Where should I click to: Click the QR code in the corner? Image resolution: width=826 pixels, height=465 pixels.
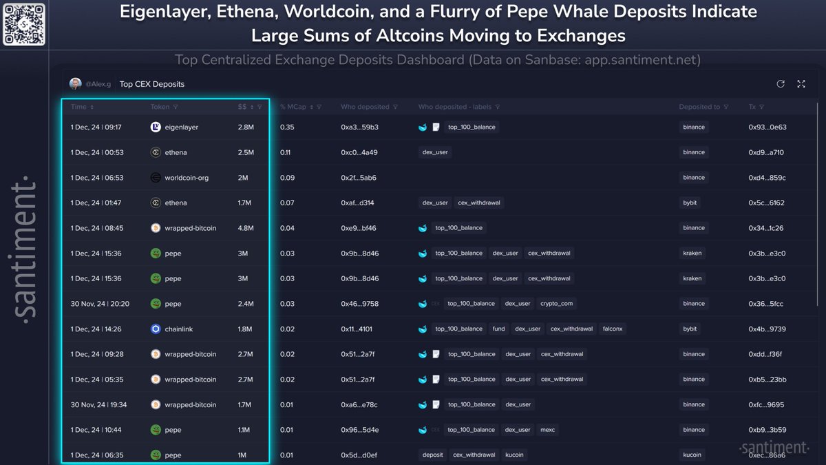pos(23,23)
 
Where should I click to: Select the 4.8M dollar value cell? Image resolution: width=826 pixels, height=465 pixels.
pos(246,228)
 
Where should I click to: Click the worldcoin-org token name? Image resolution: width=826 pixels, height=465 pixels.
pos(187,178)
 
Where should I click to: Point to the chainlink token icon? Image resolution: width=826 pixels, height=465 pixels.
pos(156,329)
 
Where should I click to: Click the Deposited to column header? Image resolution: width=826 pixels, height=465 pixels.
pos(699,107)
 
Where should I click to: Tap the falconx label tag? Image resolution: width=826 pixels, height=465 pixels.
pos(613,329)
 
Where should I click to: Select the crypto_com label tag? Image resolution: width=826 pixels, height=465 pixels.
pos(556,304)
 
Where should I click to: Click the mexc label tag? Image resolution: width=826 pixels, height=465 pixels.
pos(548,430)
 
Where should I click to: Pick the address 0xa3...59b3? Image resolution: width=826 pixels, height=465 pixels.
pos(359,127)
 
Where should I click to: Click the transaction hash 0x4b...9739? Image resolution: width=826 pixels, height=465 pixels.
pos(767,329)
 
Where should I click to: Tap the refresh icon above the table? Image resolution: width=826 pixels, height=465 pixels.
pos(781,84)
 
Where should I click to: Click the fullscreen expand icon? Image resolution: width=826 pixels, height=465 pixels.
pos(801,84)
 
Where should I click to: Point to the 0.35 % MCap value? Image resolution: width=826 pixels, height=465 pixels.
pos(287,127)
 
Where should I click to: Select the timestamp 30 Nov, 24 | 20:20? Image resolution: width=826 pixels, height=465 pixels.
pos(100,304)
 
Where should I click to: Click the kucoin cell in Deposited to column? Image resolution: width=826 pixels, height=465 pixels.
pos(692,455)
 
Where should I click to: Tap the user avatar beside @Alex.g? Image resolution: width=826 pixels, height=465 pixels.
pos(76,84)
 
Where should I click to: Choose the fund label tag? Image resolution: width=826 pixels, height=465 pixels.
pos(498,329)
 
